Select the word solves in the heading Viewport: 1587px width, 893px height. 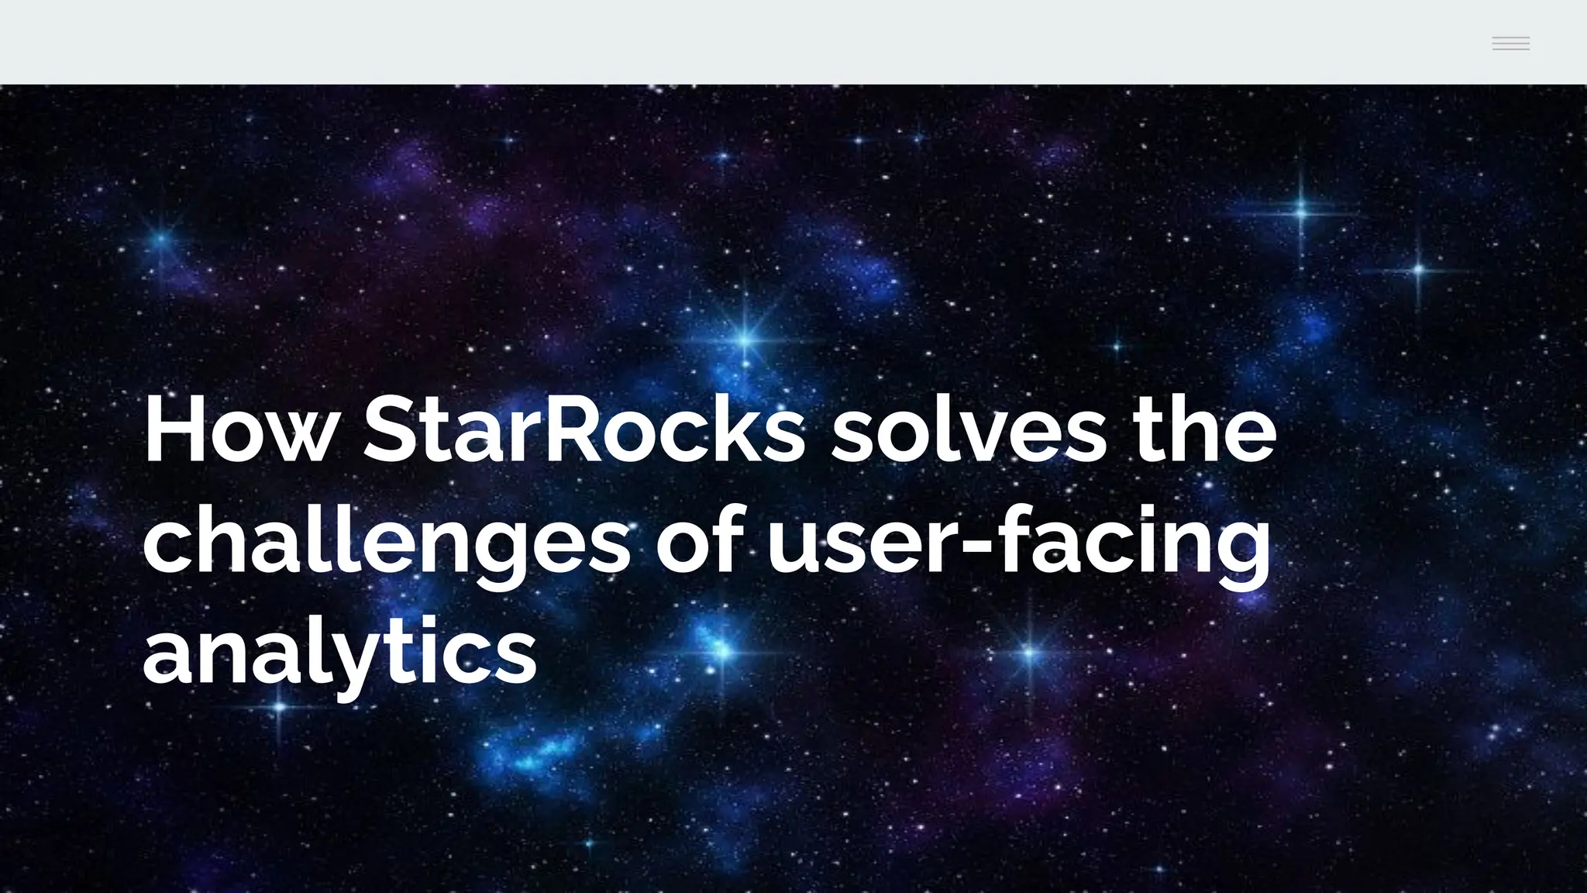coord(969,431)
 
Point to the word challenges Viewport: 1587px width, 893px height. coord(387,541)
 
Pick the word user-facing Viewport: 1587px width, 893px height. coord(1018,541)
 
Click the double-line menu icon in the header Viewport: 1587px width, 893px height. coord(1510,43)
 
